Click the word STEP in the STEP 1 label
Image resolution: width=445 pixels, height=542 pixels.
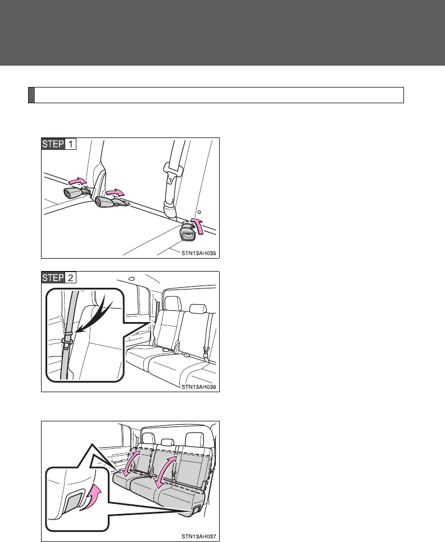pos(53,144)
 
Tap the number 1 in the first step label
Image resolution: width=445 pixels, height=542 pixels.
pos(70,144)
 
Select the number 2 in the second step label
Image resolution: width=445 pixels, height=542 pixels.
pos(70,278)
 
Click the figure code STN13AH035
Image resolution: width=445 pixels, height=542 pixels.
pos(199,254)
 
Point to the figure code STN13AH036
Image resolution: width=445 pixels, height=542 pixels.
pos(199,387)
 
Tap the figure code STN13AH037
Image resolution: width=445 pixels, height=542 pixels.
pos(199,536)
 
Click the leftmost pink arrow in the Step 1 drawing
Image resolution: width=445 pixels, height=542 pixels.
pos(77,181)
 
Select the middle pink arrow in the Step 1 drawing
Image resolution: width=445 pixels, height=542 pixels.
pos(115,192)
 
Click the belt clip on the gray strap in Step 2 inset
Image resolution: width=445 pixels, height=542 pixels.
pos(68,339)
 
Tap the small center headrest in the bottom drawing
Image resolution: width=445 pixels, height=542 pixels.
pos(167,442)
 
